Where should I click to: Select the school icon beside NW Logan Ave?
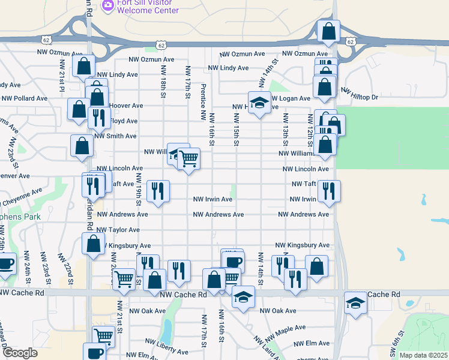259,103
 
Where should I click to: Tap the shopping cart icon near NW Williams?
188,159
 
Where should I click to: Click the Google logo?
20,353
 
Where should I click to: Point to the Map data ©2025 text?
424,355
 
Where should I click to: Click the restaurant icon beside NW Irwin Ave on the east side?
329,191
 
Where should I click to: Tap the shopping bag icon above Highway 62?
329,31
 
